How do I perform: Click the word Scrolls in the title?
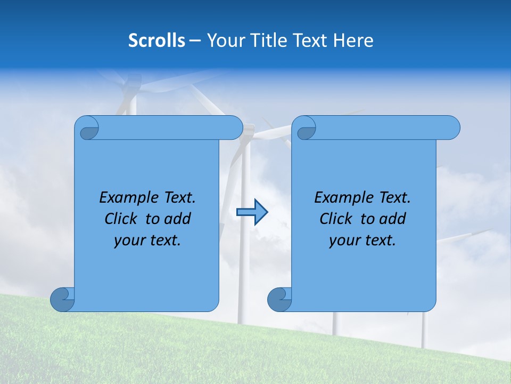point(156,41)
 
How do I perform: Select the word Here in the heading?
point(353,41)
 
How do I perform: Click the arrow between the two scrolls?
point(252,212)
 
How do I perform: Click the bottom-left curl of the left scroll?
point(62,299)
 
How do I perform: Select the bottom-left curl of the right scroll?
point(279,299)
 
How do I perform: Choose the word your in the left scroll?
point(128,241)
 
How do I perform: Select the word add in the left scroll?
point(178,219)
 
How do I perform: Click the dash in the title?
point(195,41)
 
